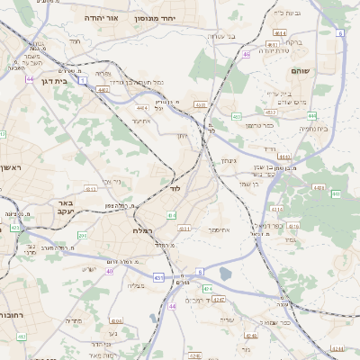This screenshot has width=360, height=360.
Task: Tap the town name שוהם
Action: [301, 69]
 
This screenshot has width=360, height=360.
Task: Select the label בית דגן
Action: [56, 80]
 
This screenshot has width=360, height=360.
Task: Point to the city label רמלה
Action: [145, 230]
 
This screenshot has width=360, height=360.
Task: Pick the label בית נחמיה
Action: [313, 129]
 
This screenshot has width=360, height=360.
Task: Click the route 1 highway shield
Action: [83, 81]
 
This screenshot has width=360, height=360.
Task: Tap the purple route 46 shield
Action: [246, 54]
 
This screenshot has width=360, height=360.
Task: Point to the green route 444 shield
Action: [311, 115]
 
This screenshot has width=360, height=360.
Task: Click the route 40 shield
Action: [109, 271]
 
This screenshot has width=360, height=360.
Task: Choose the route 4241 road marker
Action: [337, 347]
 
